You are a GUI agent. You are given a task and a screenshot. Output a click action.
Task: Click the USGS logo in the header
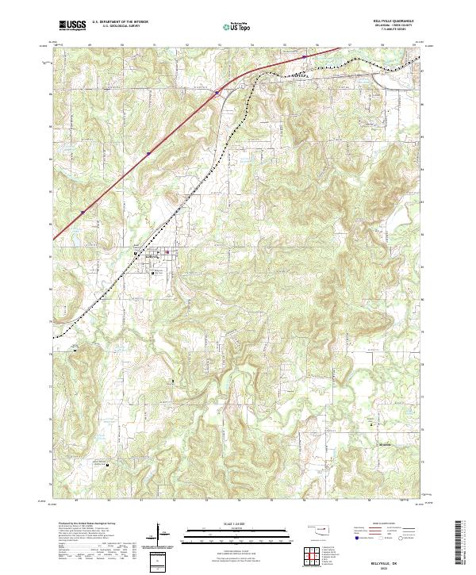coord(72,25)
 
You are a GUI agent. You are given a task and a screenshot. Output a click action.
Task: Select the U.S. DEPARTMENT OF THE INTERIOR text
coord(120,22)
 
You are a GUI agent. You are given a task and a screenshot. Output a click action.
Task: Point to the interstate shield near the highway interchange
coord(216,92)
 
